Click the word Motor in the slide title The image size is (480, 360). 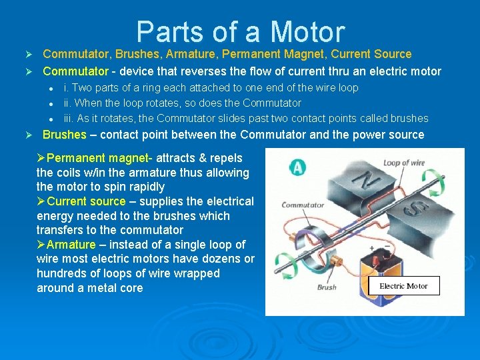coord(307,33)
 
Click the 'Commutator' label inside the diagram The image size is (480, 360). coord(302,205)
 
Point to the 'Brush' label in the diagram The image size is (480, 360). coord(327,287)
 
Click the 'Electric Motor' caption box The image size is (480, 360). coord(403,286)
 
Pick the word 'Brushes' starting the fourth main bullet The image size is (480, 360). coord(65,135)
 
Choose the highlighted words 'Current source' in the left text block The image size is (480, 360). coord(87,201)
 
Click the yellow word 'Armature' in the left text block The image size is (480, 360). coord(71,245)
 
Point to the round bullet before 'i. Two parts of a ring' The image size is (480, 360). coord(49,88)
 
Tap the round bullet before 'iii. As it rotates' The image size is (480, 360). coord(49,119)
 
